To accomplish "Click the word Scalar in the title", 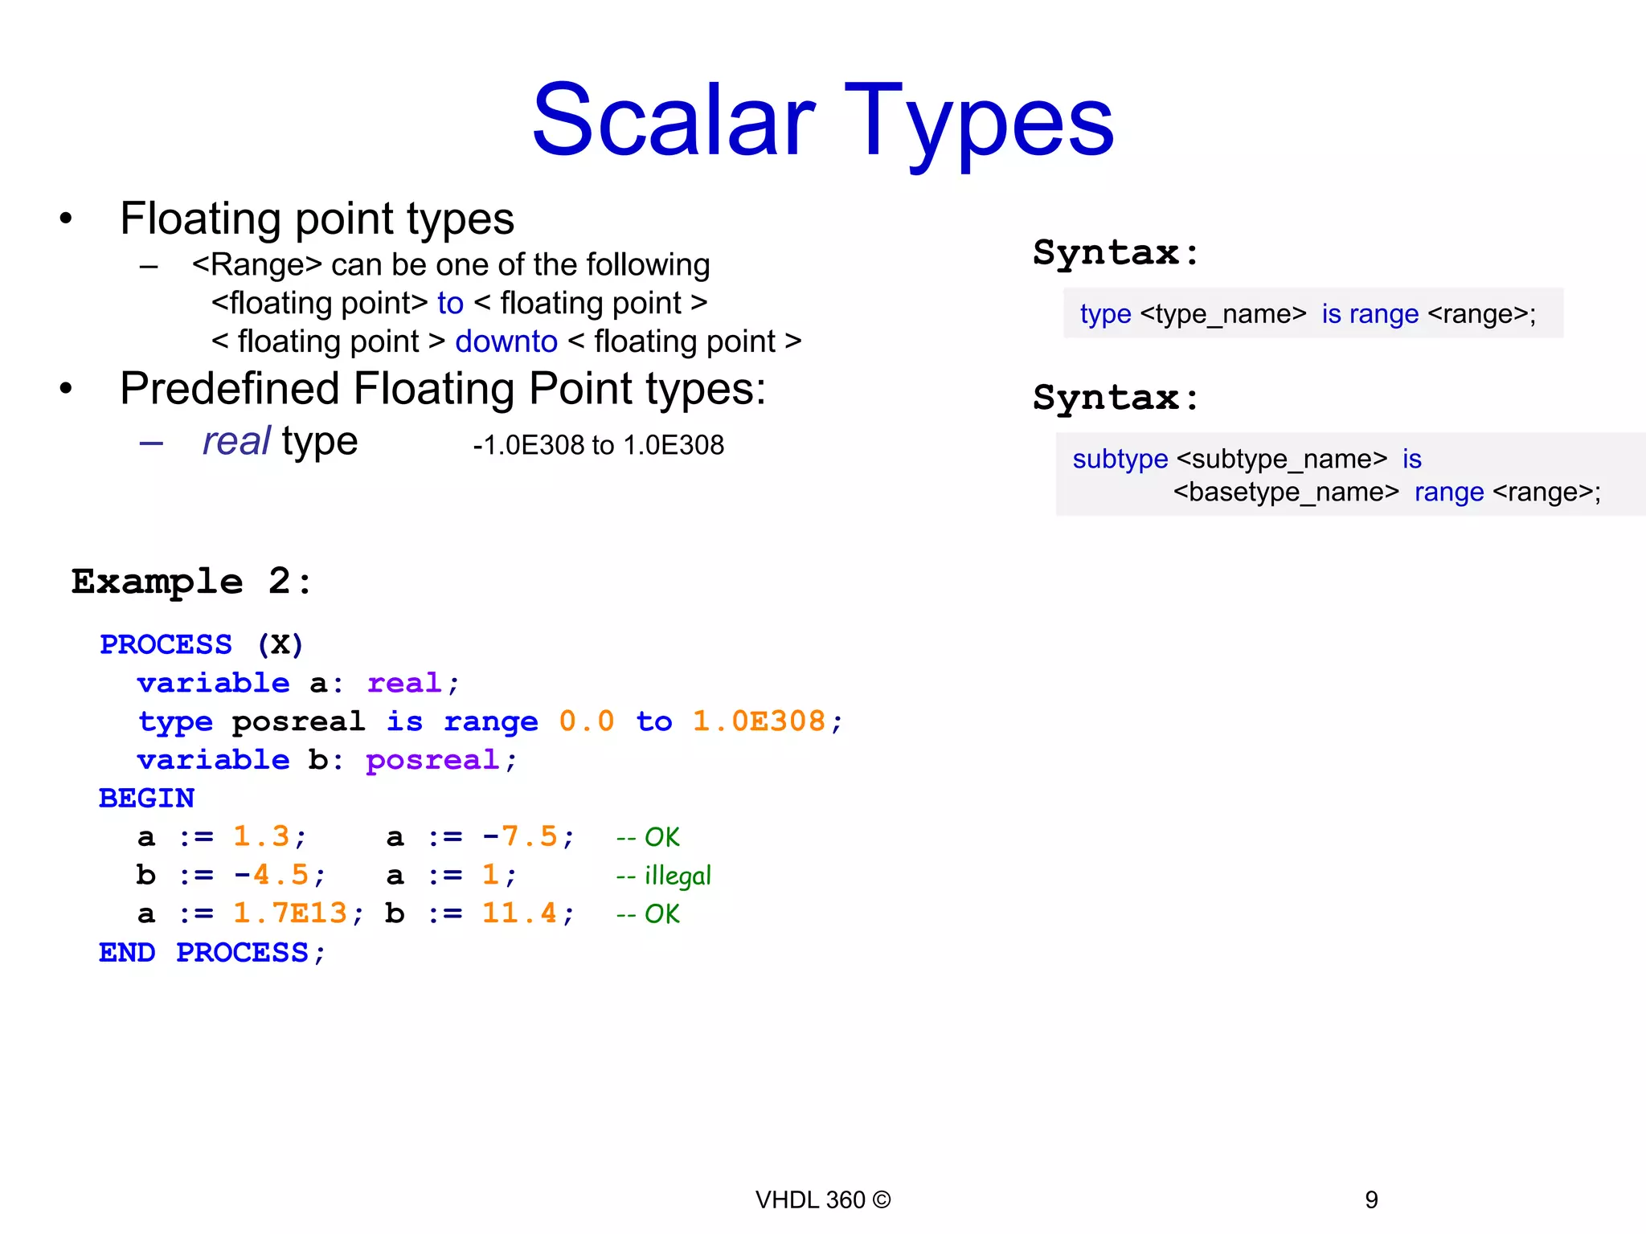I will tap(674, 121).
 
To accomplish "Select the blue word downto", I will tap(506, 341).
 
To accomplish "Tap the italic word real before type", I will tap(235, 441).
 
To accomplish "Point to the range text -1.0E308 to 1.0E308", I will tap(598, 445).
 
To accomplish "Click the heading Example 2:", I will tap(191, 582).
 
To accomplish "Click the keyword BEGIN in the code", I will tap(146, 799).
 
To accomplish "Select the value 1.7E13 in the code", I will tap(290, 913).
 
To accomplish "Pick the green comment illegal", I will tap(678, 876).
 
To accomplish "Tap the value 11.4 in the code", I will tap(519, 913).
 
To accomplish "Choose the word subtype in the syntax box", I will tap(1120, 459).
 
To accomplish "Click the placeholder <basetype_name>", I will tap(1286, 492).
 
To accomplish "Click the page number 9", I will tap(1371, 1199).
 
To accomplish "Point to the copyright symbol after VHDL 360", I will tap(882, 1199).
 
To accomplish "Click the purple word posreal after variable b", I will tap(432, 760).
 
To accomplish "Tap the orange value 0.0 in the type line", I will tap(587, 721).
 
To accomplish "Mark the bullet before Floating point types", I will tap(66, 218).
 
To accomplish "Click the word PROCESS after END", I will tap(242, 953).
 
